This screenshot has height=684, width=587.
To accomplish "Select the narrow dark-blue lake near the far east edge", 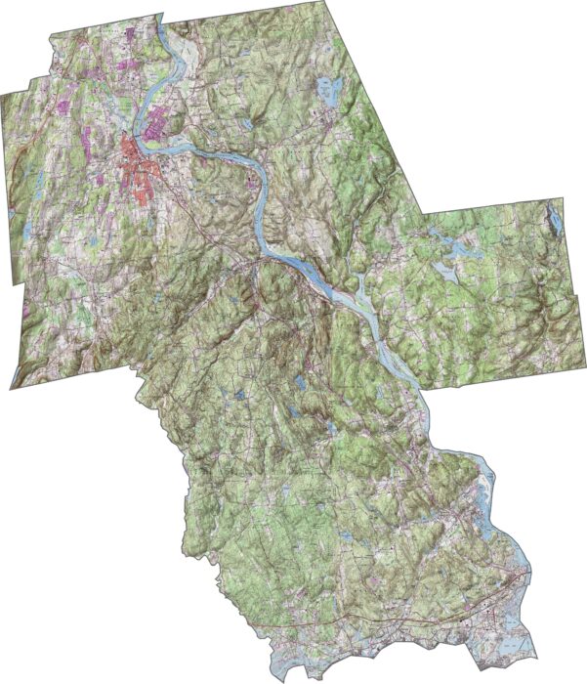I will (x=555, y=219).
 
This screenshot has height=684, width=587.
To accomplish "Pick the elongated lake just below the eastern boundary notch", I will (x=444, y=238).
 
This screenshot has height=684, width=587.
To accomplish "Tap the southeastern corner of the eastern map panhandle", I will (x=583, y=382).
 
